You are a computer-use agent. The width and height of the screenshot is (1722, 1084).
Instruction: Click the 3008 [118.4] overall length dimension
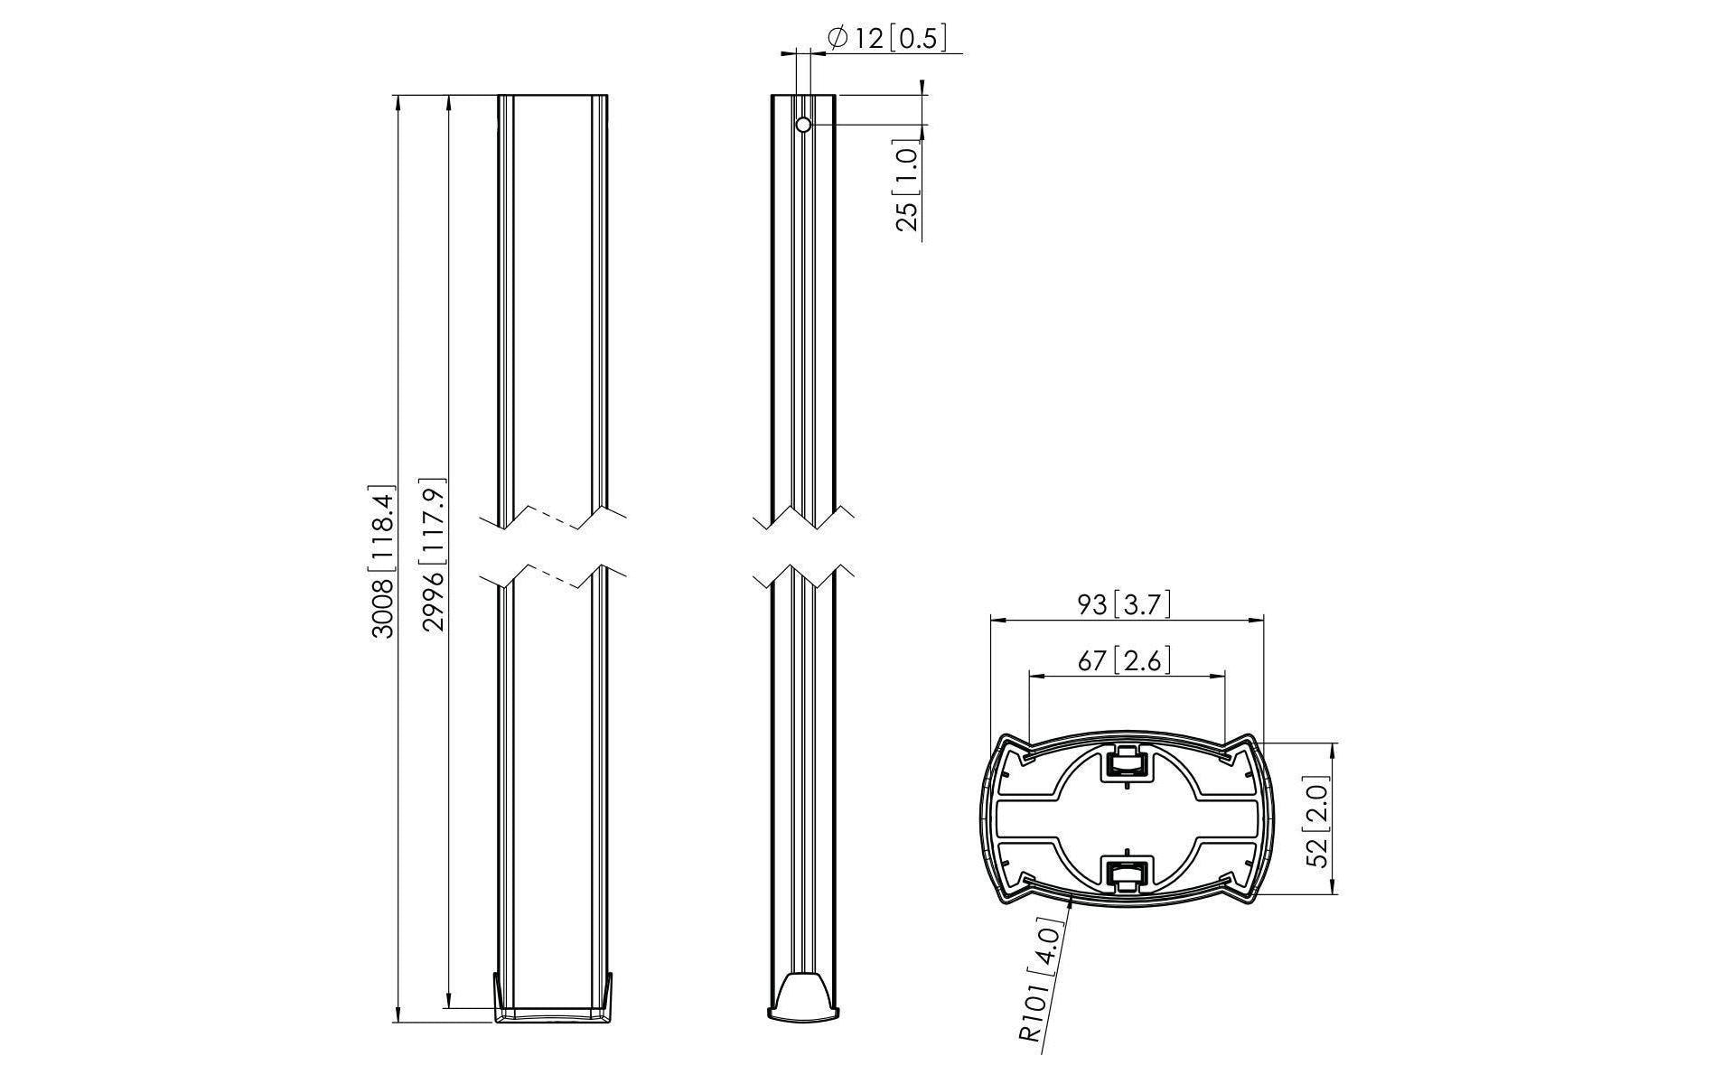point(383,563)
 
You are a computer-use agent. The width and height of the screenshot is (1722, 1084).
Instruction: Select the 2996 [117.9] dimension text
point(435,555)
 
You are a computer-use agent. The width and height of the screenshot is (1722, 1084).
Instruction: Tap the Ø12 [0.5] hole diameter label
point(887,38)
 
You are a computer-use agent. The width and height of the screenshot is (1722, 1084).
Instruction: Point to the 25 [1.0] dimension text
point(907,186)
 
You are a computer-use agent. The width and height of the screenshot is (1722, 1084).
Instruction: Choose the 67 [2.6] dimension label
point(1124,660)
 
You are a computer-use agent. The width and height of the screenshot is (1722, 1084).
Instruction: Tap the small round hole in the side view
point(803,125)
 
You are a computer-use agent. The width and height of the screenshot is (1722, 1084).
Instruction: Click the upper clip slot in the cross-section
point(1127,764)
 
